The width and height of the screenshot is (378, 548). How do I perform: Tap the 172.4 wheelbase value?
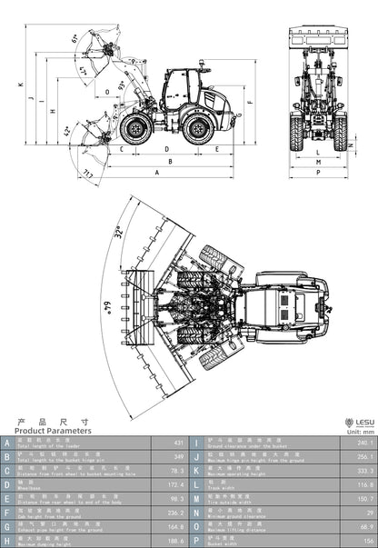click(176, 486)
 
